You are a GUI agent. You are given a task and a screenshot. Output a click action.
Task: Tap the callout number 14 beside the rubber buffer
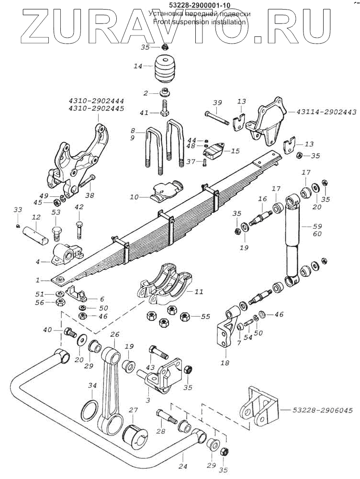[x=138, y=66]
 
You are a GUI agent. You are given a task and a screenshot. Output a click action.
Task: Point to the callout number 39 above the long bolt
[x=217, y=103]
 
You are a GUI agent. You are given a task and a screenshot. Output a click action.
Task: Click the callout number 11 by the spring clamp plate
[x=200, y=291]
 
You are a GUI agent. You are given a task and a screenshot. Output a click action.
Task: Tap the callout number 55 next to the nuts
[x=205, y=317]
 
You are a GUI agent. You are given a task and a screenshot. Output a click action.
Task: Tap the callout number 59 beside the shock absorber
[x=318, y=226]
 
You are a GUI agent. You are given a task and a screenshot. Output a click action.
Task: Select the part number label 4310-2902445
[x=97, y=109]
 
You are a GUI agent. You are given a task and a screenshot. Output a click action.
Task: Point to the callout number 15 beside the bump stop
[x=235, y=151]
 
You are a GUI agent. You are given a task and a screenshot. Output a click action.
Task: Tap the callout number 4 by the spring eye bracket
[x=37, y=262]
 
